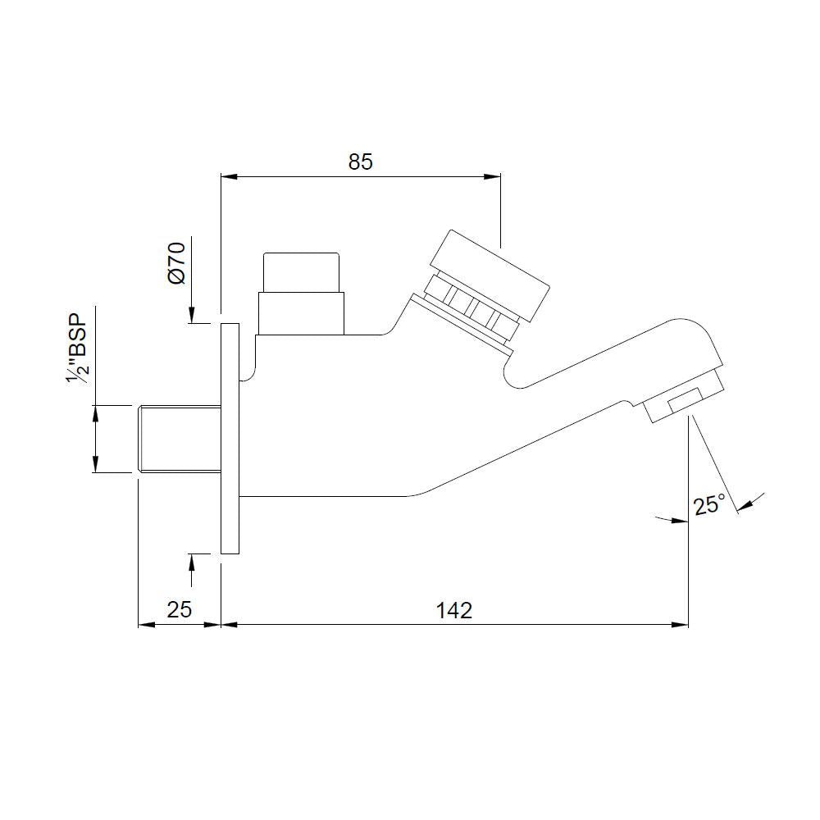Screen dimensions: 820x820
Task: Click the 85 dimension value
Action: coord(360,162)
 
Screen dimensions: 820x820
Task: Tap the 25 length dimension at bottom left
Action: coord(179,610)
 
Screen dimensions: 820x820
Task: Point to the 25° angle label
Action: coord(710,505)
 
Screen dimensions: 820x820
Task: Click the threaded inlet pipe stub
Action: coord(179,438)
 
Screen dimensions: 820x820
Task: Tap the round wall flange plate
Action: coord(230,438)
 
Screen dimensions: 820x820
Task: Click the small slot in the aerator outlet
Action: coord(685,402)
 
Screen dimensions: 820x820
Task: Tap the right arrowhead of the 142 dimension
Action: coord(681,625)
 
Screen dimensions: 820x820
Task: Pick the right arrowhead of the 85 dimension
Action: coord(493,175)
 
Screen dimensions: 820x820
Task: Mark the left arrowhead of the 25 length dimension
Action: coord(144,625)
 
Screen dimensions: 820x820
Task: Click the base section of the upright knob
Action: coord(300,313)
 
